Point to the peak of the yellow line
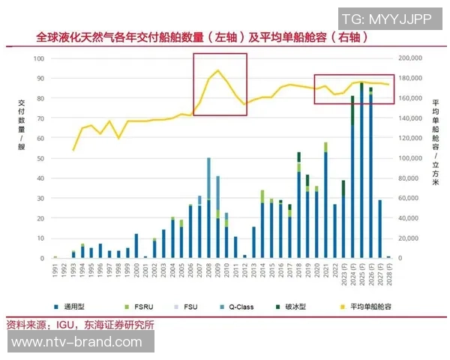pos(217,70)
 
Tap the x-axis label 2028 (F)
pos(388,273)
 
